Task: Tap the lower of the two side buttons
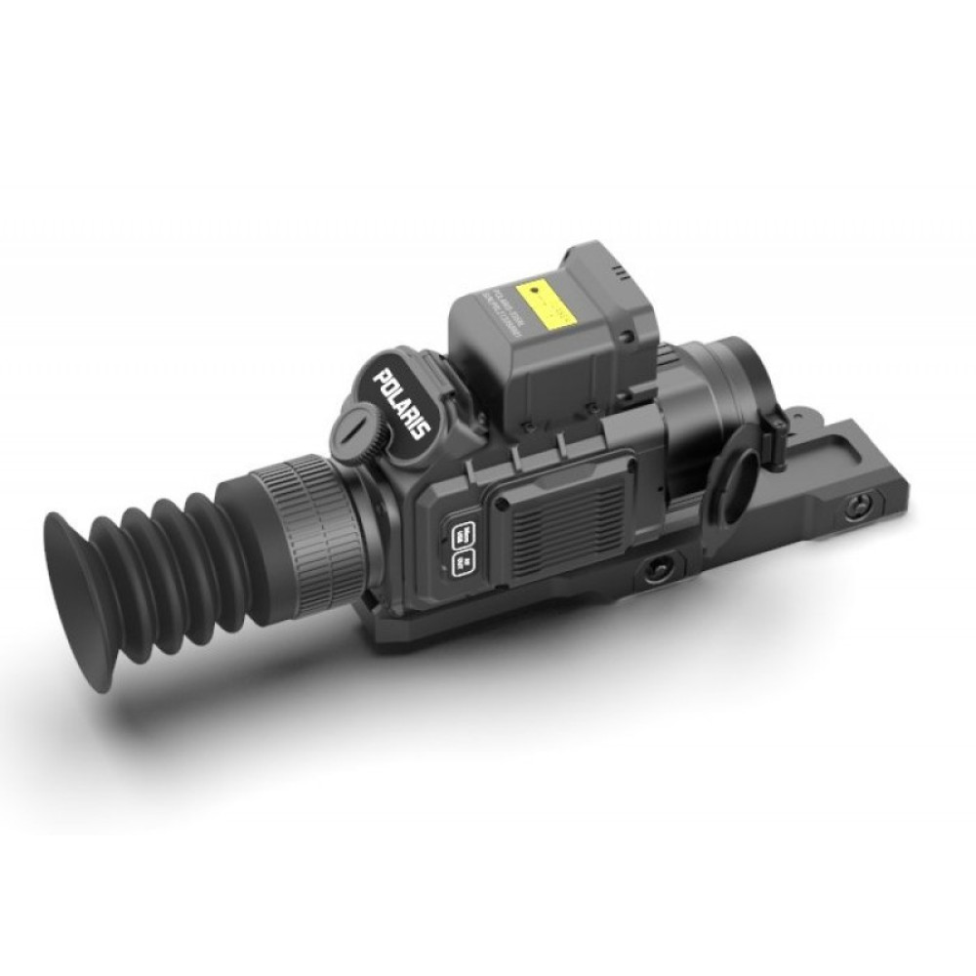[465, 563]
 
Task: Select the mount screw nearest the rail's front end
[859, 507]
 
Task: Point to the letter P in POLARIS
[382, 376]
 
